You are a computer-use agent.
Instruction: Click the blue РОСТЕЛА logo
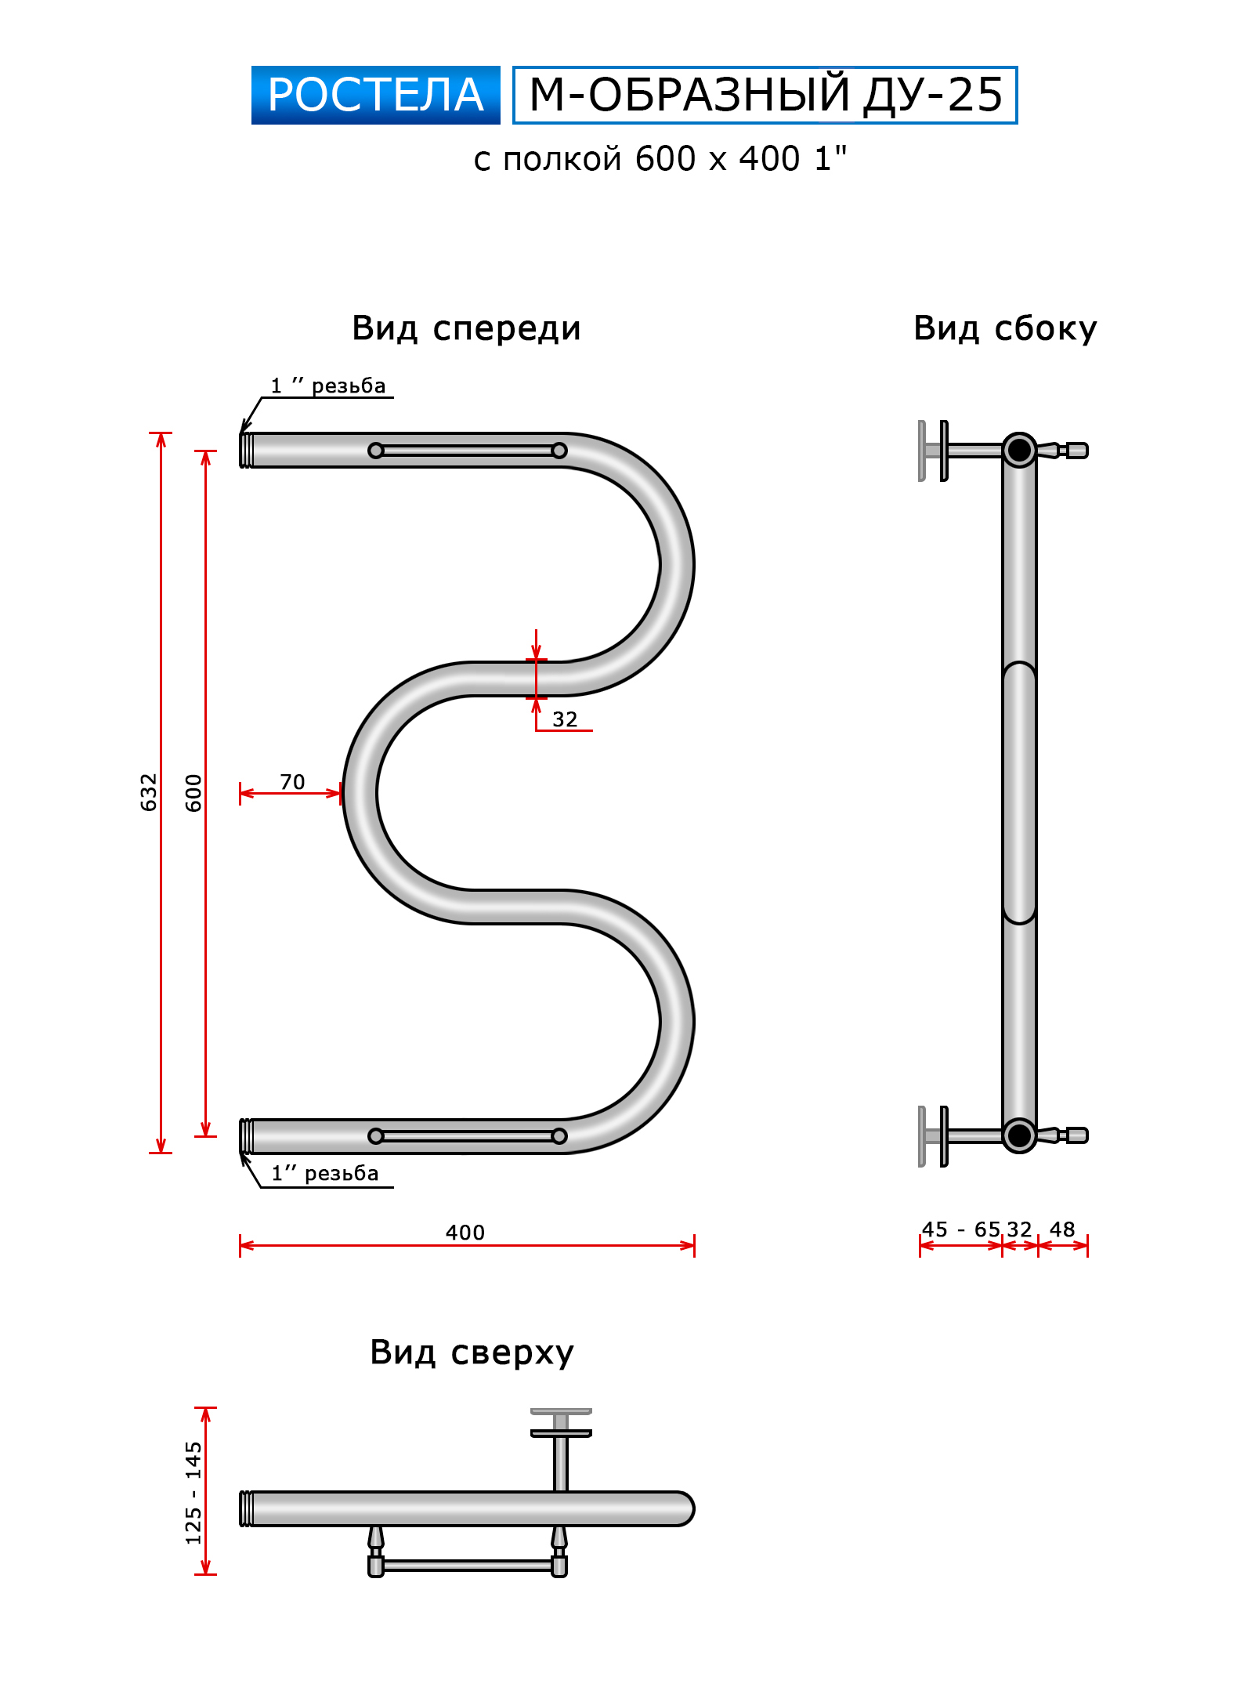pyautogui.click(x=375, y=95)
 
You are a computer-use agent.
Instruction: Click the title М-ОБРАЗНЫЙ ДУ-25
pyautogui.click(x=765, y=95)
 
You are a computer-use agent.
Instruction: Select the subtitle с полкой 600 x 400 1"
pyautogui.click(x=660, y=159)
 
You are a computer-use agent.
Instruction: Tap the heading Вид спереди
pyautogui.click(x=466, y=328)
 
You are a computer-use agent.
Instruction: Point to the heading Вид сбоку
pyautogui.click(x=1005, y=328)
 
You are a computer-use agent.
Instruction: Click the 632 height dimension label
pyautogui.click(x=148, y=792)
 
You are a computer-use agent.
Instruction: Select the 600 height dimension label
pyautogui.click(x=193, y=792)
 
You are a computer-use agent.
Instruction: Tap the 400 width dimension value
pyautogui.click(x=465, y=1233)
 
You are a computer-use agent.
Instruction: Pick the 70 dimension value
pyautogui.click(x=292, y=782)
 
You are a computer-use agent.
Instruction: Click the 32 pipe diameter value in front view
pyautogui.click(x=565, y=719)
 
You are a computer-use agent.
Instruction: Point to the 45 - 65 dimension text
pyautogui.click(x=960, y=1229)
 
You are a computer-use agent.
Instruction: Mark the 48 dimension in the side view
pyautogui.click(x=1062, y=1229)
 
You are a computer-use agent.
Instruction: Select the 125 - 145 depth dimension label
pyautogui.click(x=193, y=1492)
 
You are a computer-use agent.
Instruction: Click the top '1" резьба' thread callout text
pyautogui.click(x=328, y=386)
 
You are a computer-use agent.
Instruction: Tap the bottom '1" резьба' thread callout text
pyautogui.click(x=325, y=1173)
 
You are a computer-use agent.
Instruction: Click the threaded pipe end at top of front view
pyautogui.click(x=246, y=451)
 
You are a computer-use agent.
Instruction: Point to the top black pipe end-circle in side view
pyautogui.click(x=1019, y=450)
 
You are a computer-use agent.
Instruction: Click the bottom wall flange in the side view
pyautogui.click(x=934, y=1136)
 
